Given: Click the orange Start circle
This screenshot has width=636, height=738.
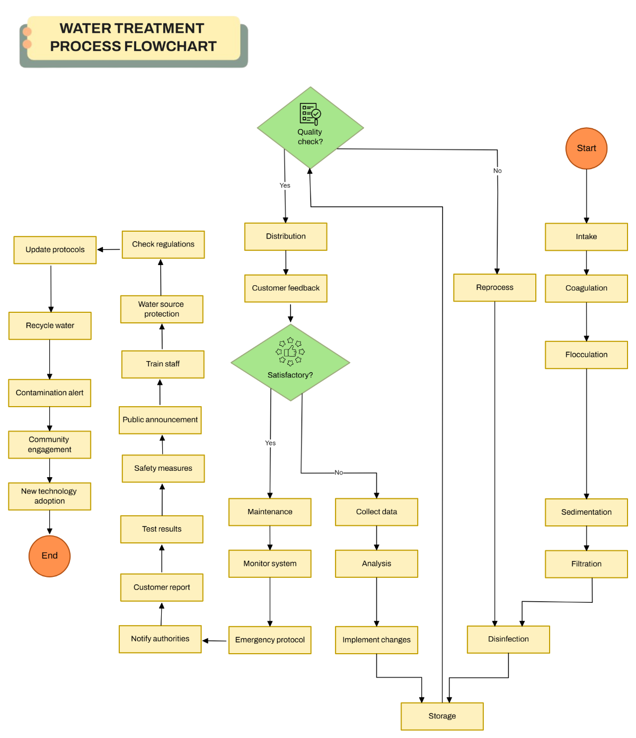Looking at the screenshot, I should coord(586,148).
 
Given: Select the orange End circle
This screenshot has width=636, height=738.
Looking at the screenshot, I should coord(49,556).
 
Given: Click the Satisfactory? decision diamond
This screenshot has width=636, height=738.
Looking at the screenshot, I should coord(290,363).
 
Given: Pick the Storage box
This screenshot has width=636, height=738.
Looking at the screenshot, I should coord(442,716).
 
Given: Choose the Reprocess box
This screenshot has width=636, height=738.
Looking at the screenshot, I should coord(494,287).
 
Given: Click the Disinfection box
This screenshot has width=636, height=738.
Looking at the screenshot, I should coord(508,639).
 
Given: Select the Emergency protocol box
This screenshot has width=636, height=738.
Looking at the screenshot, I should coord(270,640).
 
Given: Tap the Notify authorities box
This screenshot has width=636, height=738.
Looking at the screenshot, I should coord(160,639).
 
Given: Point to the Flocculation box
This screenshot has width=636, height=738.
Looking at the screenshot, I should coord(586,355).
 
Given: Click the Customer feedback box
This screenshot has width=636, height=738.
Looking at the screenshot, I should coord(286,288).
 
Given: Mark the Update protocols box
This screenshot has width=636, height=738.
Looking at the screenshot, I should coord(55,250).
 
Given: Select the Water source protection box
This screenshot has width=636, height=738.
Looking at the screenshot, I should coord(162,309).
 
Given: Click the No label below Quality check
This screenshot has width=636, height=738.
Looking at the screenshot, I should coord(497,171).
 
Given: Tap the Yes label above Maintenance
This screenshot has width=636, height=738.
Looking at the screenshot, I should coord(270,443).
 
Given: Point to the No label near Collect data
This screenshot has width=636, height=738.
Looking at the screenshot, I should coord(339,472).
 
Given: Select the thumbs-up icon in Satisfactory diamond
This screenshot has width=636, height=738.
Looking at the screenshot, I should coord(290,352).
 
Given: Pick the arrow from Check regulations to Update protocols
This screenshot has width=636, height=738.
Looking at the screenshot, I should coord(109,249).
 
